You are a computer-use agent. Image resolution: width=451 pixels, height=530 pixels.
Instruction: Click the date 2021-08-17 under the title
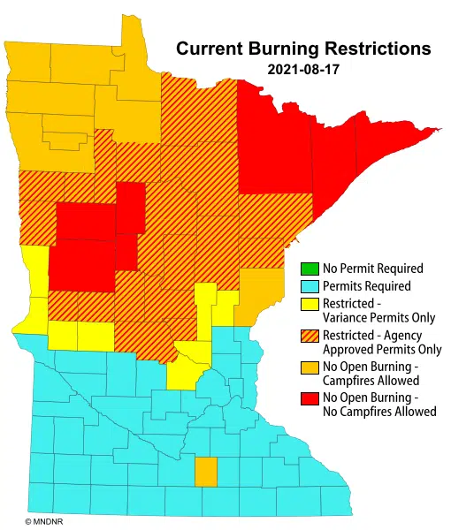[303, 68]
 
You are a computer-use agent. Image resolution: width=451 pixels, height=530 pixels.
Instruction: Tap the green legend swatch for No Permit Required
[309, 269]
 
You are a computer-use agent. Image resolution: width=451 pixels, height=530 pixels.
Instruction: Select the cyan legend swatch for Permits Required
[309, 286]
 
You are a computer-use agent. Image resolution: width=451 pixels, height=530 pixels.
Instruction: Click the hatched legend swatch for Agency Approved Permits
[309, 336]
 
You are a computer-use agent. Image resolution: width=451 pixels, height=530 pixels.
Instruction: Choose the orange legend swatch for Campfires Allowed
[309, 367]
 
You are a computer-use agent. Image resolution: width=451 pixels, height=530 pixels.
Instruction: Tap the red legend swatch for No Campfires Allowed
[309, 397]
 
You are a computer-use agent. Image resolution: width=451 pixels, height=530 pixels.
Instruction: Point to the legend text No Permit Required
[373, 269]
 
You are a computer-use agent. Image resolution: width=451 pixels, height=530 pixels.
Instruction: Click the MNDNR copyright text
[41, 522]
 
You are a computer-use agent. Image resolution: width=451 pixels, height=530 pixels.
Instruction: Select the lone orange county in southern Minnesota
[205, 472]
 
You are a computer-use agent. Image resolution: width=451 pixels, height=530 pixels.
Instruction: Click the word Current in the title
[206, 48]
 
